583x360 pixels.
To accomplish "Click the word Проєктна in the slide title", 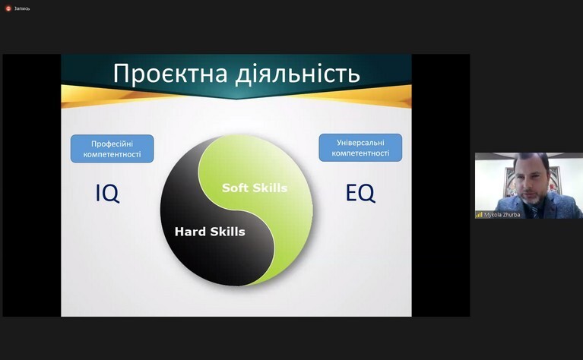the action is pos(170,74).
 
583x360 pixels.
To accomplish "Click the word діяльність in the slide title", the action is pos(298,73).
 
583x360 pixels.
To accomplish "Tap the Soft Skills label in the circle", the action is pos(255,188).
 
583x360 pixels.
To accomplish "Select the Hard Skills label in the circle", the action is pos(210,232).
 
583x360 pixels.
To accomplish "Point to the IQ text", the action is pos(107,193).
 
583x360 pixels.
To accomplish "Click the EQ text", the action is pos(360,193).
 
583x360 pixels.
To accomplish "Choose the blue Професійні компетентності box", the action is pos(112,149).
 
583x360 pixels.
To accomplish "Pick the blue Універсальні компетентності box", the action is pos(360,147).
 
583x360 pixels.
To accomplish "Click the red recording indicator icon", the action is pos(8,8).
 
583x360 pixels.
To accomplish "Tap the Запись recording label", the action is pos(22,8).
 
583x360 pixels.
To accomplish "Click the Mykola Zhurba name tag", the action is pos(502,215).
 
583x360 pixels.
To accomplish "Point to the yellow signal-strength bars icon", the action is pos(480,215).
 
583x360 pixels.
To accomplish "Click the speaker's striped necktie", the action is pos(535,212).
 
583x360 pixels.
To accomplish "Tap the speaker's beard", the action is pos(533,197).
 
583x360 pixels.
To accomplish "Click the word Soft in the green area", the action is pos(235,188).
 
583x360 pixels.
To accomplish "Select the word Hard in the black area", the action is pos(190,232).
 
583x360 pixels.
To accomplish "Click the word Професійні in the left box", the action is pos(112,144).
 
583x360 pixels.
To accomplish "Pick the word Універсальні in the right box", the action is pos(360,143).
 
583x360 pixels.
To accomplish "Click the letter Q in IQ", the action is pos(111,194).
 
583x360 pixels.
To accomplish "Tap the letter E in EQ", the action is pos(351,193).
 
